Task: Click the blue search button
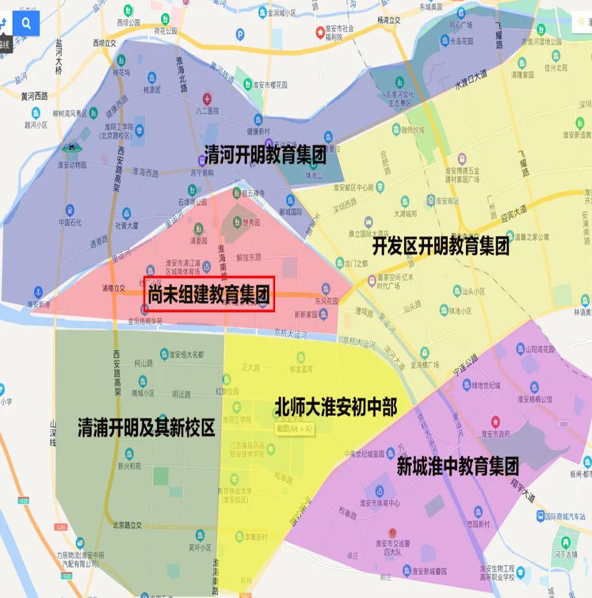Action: [27, 23]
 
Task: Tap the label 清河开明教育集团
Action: [265, 155]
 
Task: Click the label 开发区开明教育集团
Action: [441, 246]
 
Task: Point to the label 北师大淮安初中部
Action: [335, 408]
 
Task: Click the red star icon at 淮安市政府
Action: [496, 422]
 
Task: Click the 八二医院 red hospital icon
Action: [207, 99]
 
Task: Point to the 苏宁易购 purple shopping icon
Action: [202, 160]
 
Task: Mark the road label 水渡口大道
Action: [471, 80]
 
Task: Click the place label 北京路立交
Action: [127, 525]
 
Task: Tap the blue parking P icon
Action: [240, 35]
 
